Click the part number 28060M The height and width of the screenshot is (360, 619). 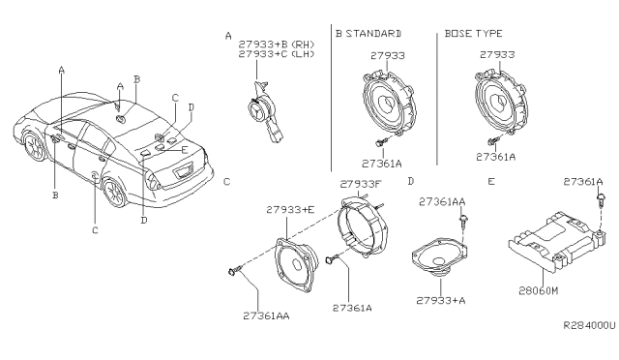[x=539, y=291]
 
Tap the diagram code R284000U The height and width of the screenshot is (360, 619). [x=589, y=325]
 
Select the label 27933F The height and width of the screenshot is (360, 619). [x=361, y=184]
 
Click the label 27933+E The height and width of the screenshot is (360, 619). [x=290, y=210]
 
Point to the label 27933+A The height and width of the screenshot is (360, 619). [x=441, y=301]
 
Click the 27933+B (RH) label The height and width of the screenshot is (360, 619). [x=277, y=44]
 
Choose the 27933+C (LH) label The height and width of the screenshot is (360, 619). [x=277, y=54]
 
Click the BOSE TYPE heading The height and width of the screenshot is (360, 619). [x=473, y=34]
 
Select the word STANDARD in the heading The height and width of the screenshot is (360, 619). [x=373, y=34]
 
